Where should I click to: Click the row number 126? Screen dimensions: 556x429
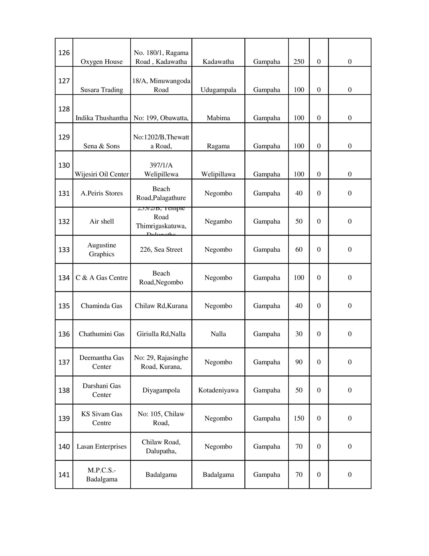64,53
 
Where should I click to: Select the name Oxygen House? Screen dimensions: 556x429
102,62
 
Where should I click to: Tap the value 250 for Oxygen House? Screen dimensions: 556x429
299,62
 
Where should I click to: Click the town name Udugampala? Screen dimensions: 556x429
218,90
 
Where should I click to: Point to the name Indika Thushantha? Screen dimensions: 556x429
102,118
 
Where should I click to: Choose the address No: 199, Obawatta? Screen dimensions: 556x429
161,118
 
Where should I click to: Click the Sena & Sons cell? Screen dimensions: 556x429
102,146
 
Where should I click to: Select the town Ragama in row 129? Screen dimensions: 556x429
218,146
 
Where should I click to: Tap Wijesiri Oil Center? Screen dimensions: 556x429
102,174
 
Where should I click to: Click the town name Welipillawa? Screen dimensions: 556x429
218,174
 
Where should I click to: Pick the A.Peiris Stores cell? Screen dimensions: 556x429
102,193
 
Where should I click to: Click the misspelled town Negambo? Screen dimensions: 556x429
218,221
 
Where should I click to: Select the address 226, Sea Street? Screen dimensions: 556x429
161,250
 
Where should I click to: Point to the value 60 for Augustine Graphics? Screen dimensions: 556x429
299,250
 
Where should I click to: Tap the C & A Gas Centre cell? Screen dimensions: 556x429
102,278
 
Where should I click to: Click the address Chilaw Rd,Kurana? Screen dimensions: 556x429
161,306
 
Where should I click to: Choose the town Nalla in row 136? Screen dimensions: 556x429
218,334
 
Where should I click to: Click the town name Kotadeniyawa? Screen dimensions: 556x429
218,390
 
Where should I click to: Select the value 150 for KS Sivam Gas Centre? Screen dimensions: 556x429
299,418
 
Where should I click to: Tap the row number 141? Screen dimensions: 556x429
64,475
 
